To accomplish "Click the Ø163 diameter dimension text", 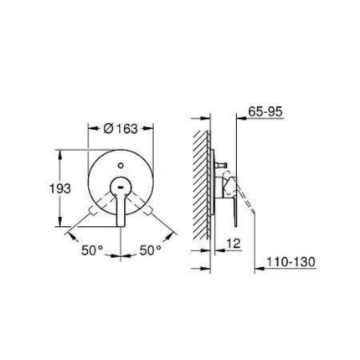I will click(121, 129).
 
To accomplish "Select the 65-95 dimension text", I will click(265, 112).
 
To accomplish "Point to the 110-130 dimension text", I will click(291, 262).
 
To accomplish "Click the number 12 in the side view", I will click(234, 242).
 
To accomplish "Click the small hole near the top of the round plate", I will click(121, 166).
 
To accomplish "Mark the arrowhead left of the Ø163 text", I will click(92, 129).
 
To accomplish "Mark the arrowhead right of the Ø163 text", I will click(150, 129).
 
